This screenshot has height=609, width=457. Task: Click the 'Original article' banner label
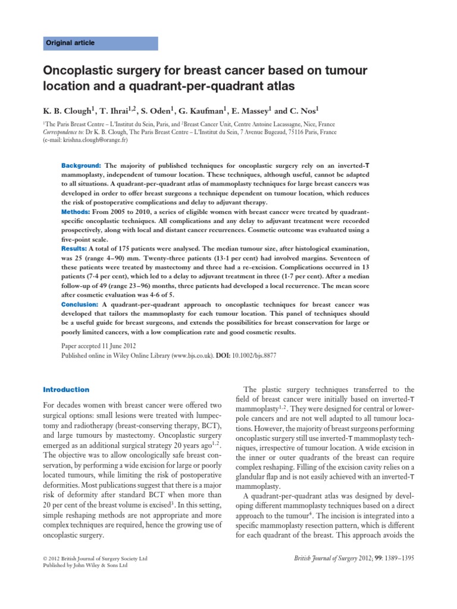click(x=71, y=43)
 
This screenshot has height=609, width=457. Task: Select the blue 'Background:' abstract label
click(x=82, y=164)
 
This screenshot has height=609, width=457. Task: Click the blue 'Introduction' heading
click(x=65, y=390)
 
